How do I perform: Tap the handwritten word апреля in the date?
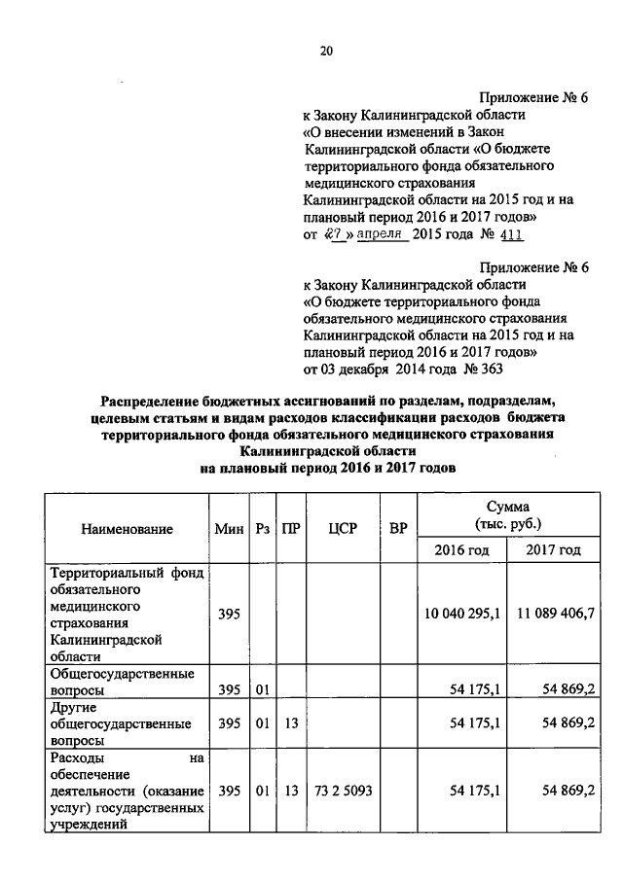[382, 235]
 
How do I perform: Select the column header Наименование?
[127, 530]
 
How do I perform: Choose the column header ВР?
[397, 530]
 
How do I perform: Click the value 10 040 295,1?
[461, 615]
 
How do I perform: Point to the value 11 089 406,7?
[553, 615]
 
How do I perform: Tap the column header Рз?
[260, 530]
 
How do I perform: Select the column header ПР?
[290, 530]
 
